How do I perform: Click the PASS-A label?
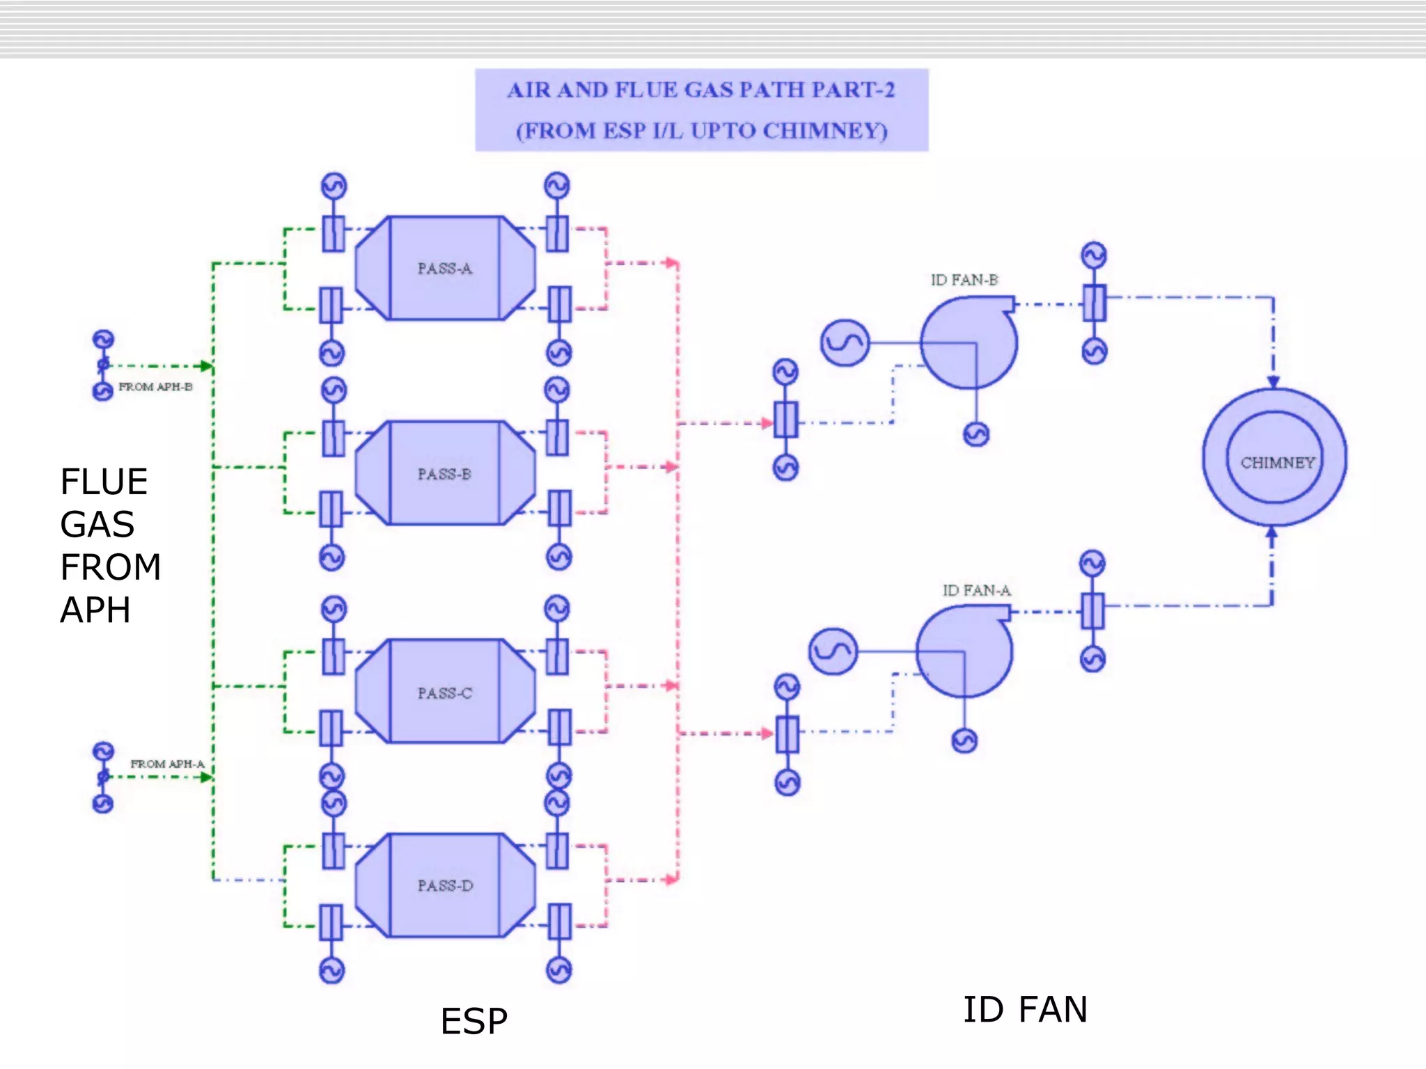(x=444, y=269)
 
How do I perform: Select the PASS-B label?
(x=444, y=474)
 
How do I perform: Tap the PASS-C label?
(x=444, y=693)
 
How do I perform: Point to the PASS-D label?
(x=445, y=886)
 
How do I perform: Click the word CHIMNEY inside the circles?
(x=1277, y=463)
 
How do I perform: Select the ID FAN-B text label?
(x=964, y=280)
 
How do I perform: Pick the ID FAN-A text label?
(x=976, y=590)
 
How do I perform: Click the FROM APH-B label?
(x=155, y=387)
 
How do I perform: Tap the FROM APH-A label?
(x=167, y=764)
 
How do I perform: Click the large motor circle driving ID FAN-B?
(x=845, y=342)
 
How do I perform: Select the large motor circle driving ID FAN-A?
(x=833, y=651)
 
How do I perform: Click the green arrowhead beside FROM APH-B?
(x=206, y=366)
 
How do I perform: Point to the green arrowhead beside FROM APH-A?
(x=206, y=777)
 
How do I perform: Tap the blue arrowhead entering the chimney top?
(x=1273, y=382)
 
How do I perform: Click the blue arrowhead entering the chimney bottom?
(x=1271, y=533)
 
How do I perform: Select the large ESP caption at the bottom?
(x=473, y=1022)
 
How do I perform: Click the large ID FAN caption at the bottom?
(x=1025, y=1010)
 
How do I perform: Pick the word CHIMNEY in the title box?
(x=824, y=131)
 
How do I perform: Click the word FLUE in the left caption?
(x=104, y=482)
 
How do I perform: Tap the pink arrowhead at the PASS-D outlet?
(x=671, y=880)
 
